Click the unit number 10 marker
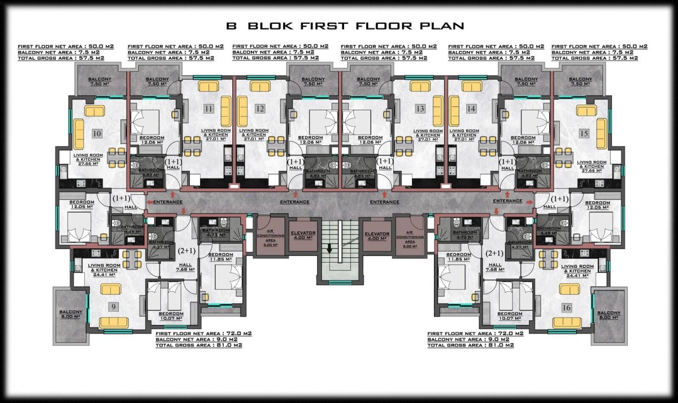[97, 133]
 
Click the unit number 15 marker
[584, 133]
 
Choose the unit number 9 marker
[115, 307]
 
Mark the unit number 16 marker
[566, 307]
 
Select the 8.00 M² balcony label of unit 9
[71, 315]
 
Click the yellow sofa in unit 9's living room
[114, 323]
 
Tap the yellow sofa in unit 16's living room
[568, 323]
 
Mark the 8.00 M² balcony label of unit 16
[609, 315]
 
